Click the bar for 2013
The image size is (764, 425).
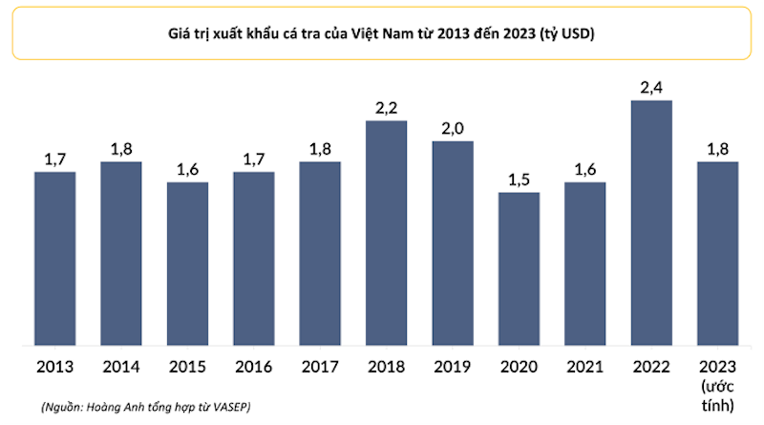coord(55,258)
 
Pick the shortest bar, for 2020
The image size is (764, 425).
coord(519,268)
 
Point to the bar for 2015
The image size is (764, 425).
coord(187,263)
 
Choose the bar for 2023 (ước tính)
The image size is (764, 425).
coord(717,253)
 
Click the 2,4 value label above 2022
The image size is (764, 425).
coord(651,88)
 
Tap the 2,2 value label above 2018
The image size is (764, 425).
coord(386,109)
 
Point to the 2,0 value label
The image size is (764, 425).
coord(453,129)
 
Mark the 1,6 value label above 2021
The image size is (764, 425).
coord(584,170)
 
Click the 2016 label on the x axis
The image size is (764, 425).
coord(254,366)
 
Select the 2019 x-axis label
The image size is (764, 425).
coord(453,366)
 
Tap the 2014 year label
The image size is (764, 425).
coord(121,366)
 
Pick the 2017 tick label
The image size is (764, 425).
coord(320,366)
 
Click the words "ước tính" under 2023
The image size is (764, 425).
coord(717,395)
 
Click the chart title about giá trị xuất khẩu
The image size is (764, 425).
coord(382,35)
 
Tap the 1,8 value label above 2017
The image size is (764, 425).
coord(320,150)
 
